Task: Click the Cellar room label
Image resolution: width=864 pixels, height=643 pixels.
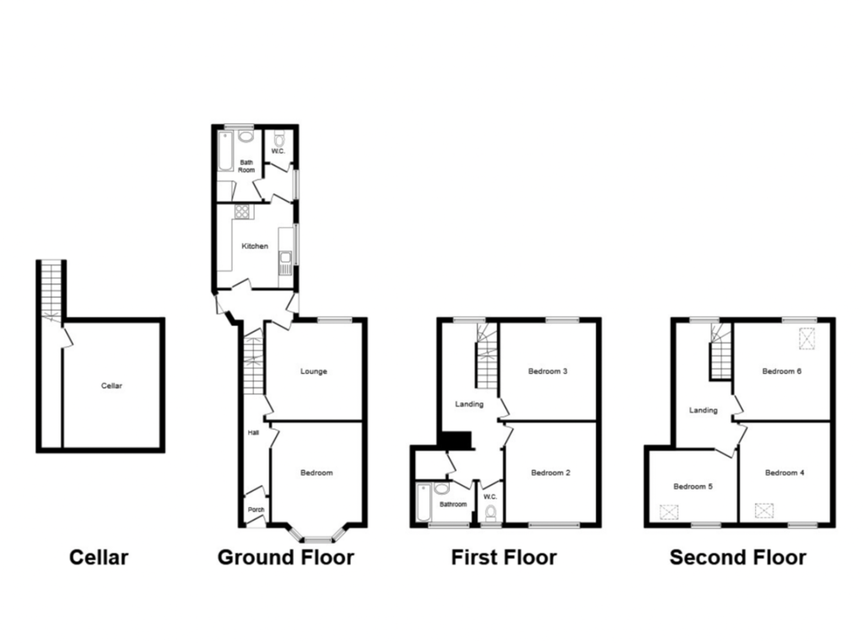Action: tap(111, 386)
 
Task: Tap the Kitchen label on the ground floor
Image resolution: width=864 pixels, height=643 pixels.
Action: tap(255, 246)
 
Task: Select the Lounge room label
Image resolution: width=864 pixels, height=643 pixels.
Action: tap(314, 371)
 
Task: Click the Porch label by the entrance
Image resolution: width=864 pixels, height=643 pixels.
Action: tap(256, 510)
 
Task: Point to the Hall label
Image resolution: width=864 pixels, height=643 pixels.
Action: tap(253, 433)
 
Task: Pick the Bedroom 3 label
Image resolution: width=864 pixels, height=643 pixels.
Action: tap(548, 371)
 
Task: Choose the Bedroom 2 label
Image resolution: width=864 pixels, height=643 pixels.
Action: tap(550, 473)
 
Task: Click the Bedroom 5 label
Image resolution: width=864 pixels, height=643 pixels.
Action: tap(694, 487)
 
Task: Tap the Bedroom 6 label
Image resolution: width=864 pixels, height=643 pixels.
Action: tap(782, 371)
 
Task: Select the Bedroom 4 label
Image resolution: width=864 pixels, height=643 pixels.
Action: tap(785, 473)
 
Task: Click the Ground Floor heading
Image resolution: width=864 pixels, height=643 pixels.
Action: tap(286, 558)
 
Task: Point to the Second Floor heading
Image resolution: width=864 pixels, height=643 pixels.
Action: tap(737, 558)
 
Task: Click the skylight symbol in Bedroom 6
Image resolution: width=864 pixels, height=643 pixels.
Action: tap(807, 338)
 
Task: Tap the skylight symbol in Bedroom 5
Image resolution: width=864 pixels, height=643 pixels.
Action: tap(669, 512)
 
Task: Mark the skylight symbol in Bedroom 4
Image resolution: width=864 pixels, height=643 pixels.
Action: tap(764, 511)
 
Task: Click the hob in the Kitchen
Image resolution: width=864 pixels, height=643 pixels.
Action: tap(242, 212)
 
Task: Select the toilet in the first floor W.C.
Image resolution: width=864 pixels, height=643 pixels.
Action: tap(490, 514)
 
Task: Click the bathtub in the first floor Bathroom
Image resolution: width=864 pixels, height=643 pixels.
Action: tap(424, 502)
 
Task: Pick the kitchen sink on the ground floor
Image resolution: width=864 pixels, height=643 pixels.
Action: tap(285, 262)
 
